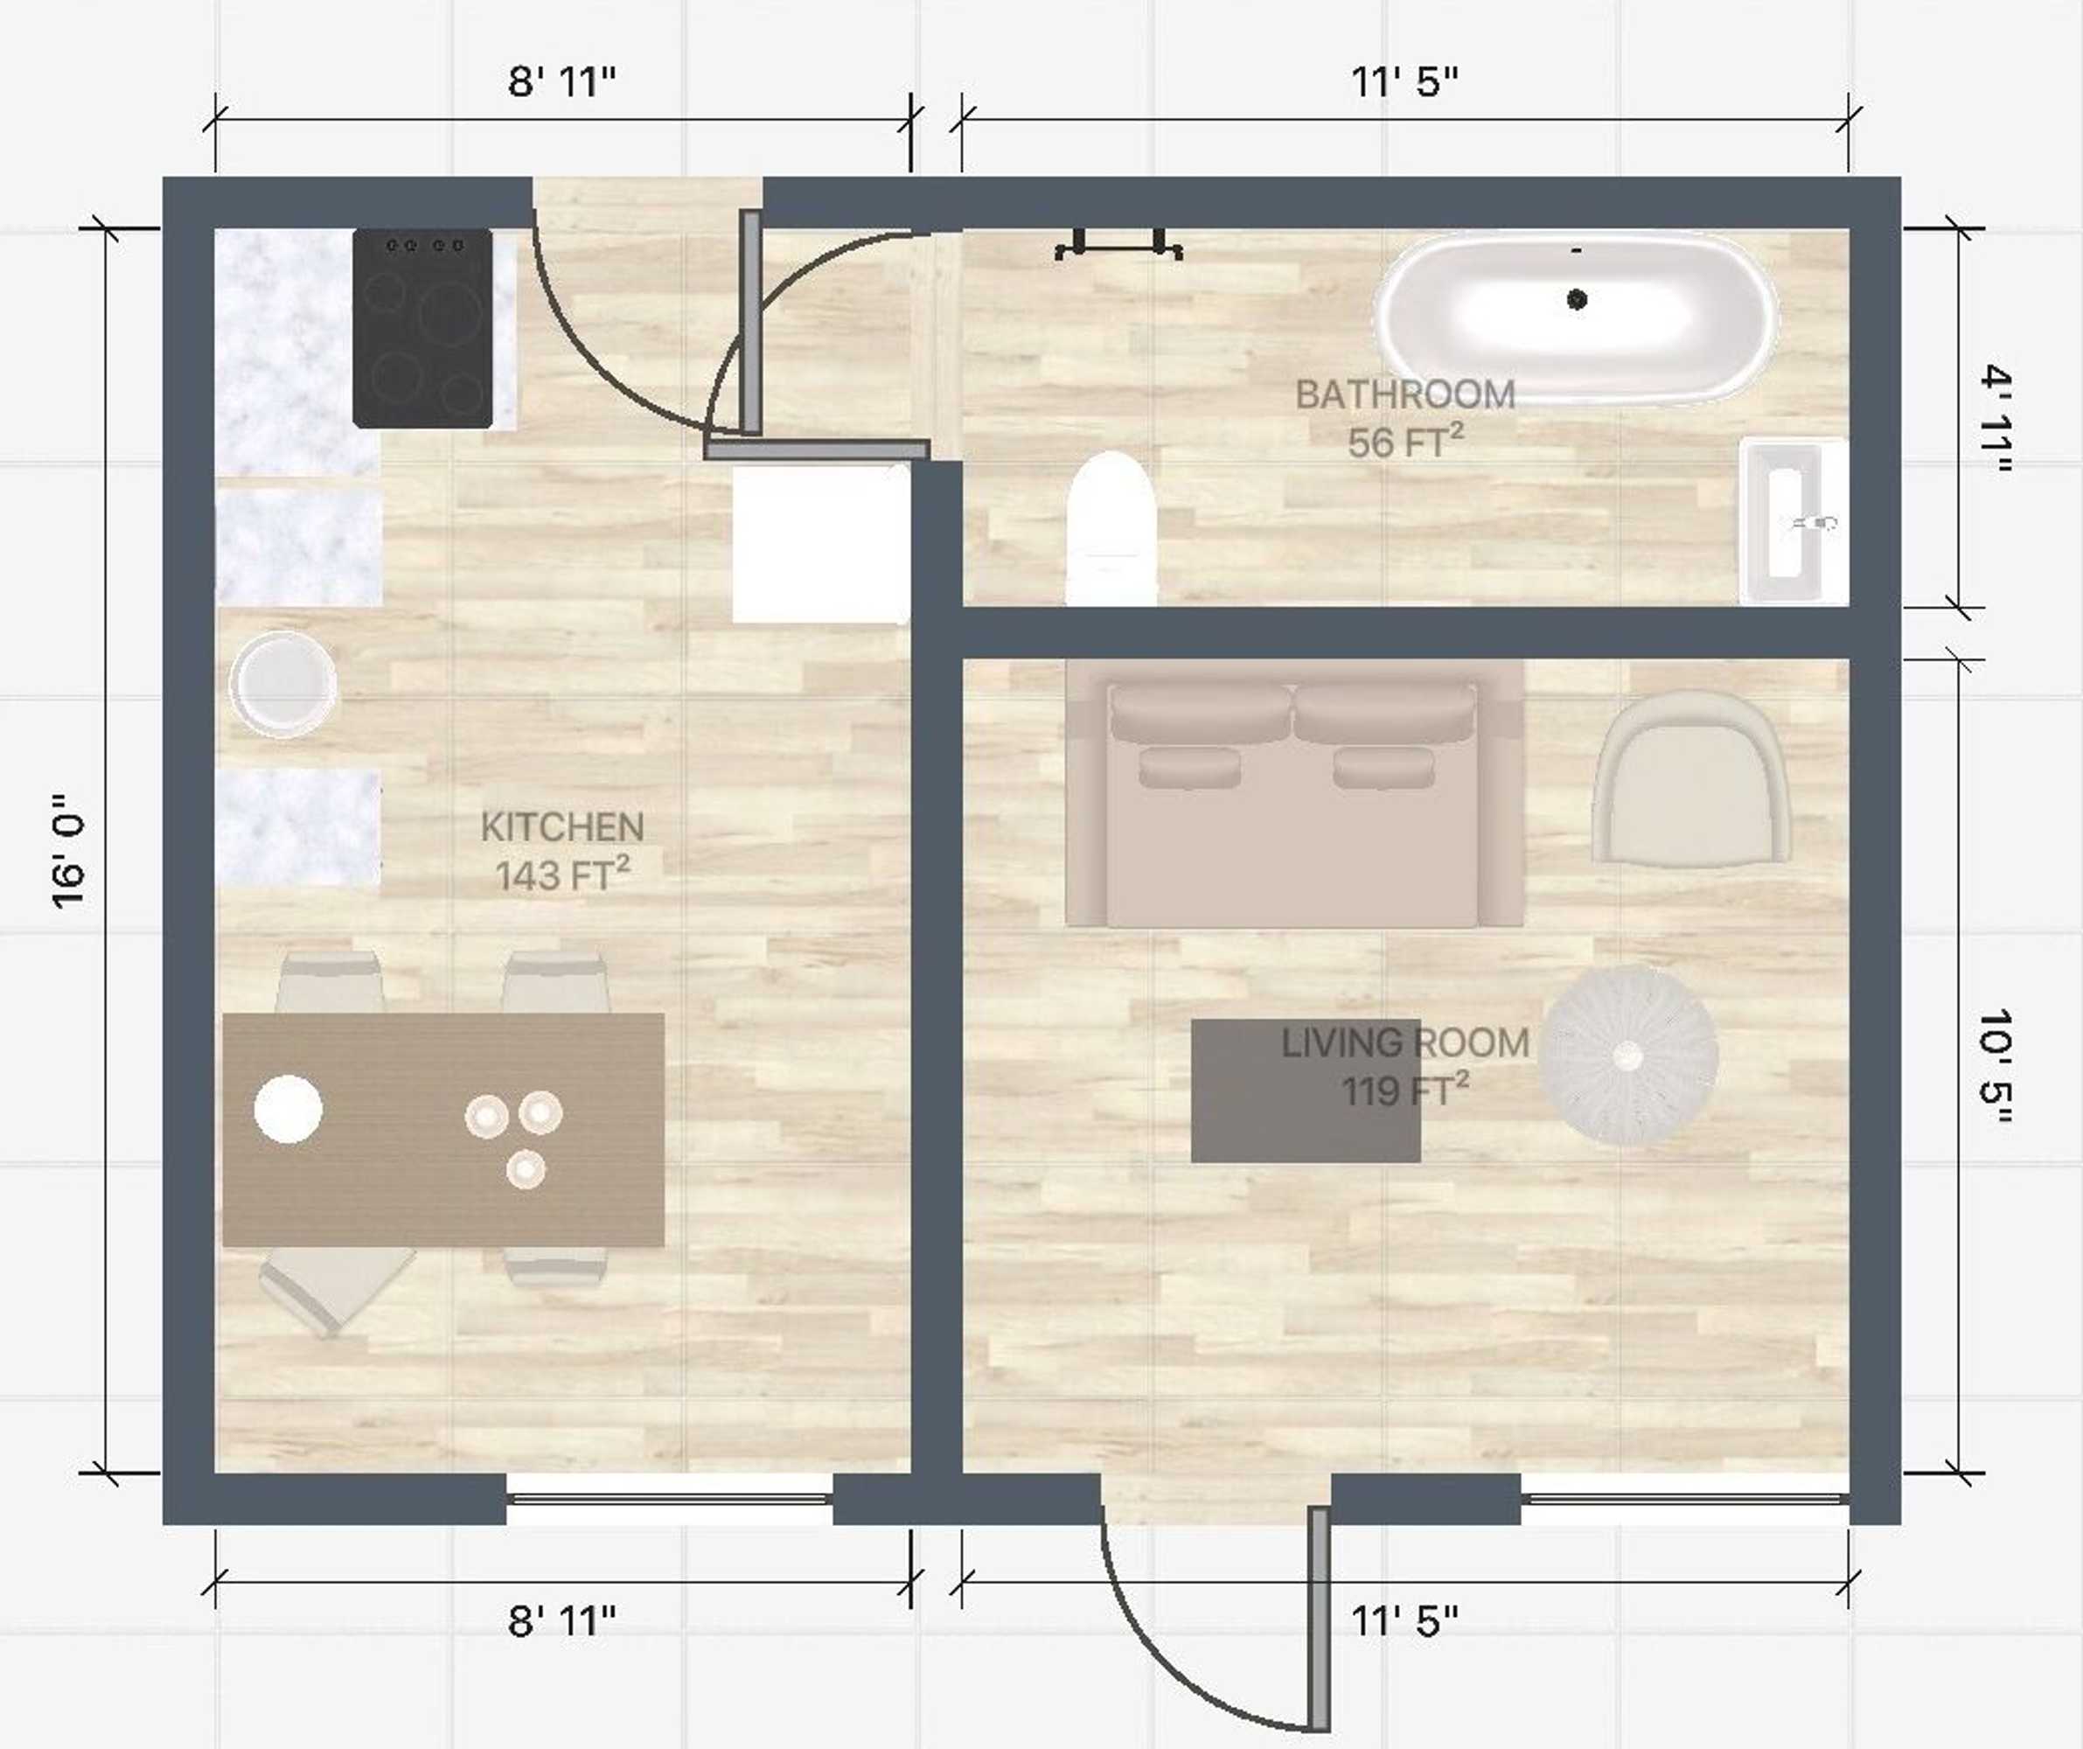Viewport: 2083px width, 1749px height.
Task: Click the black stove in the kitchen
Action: point(422,328)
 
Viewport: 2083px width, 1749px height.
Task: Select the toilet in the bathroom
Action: point(1111,528)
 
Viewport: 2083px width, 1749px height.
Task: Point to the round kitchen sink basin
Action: point(282,685)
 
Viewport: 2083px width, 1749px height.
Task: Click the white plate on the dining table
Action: point(288,1109)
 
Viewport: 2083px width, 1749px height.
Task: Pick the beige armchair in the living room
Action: point(1692,777)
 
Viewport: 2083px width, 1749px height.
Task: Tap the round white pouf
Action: point(1627,1056)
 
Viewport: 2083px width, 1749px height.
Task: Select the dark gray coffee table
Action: point(1306,1091)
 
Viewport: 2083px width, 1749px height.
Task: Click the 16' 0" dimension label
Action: point(69,851)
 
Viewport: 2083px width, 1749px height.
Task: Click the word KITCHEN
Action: point(562,826)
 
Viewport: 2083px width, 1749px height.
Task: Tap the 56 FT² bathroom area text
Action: point(1405,441)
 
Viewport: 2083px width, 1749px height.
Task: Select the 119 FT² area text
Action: point(1404,1090)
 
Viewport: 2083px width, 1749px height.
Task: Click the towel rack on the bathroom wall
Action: point(1118,244)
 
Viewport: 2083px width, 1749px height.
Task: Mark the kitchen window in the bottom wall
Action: point(670,1498)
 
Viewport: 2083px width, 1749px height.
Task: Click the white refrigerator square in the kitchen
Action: point(821,544)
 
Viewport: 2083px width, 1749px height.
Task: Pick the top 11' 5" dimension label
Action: point(1404,81)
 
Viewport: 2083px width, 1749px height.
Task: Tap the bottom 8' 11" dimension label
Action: point(561,1621)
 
